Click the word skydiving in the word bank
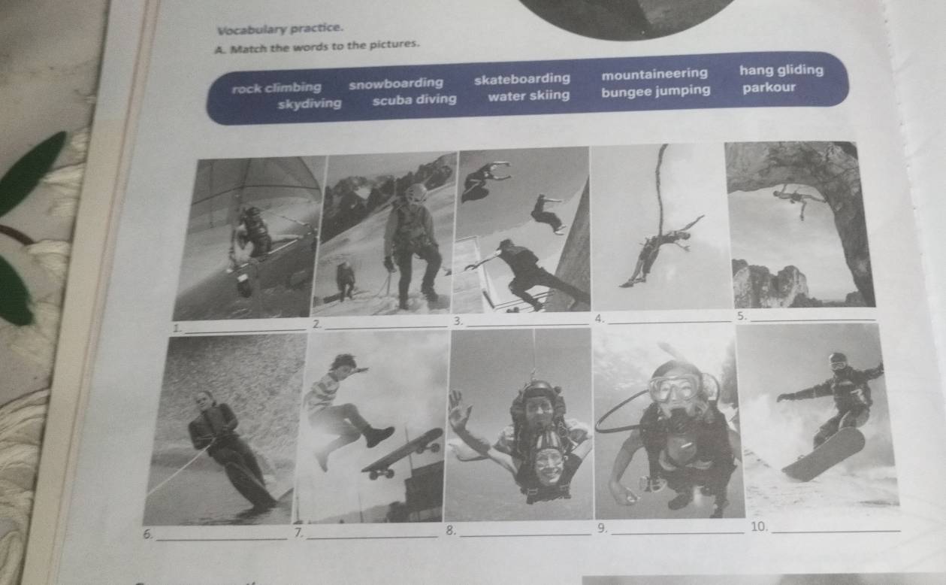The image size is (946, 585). (310, 104)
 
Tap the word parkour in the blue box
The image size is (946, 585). (769, 87)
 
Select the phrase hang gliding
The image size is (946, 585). (781, 70)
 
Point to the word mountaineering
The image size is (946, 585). (654, 74)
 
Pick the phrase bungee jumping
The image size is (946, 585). (656, 91)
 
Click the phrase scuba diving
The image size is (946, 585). (414, 100)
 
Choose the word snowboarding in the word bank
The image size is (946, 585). (396, 83)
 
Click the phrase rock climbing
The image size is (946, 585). (277, 88)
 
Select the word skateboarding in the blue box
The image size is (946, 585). (522, 79)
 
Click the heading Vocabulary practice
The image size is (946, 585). (280, 29)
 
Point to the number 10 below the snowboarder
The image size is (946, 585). (759, 526)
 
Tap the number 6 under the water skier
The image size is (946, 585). (147, 534)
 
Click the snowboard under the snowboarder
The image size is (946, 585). (823, 454)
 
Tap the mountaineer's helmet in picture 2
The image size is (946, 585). (416, 193)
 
